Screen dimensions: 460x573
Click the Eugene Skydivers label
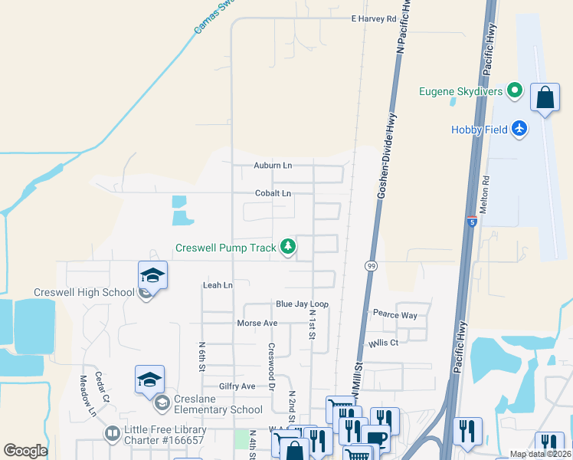460,92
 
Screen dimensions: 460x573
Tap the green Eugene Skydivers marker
516,92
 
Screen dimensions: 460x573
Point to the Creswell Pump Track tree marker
288,247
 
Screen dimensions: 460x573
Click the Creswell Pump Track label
226,248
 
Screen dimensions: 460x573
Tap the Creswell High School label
84,293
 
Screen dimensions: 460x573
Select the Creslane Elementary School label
219,409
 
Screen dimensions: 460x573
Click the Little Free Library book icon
112,434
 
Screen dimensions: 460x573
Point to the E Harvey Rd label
374,18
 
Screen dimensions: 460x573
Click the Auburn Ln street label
273,165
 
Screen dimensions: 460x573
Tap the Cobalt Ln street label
273,193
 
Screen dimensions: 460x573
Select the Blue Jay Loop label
302,304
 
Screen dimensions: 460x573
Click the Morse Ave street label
257,323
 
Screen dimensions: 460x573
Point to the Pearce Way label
395,315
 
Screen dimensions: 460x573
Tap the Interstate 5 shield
472,222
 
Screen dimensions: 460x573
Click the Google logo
25,451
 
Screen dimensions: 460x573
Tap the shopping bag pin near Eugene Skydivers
545,97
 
